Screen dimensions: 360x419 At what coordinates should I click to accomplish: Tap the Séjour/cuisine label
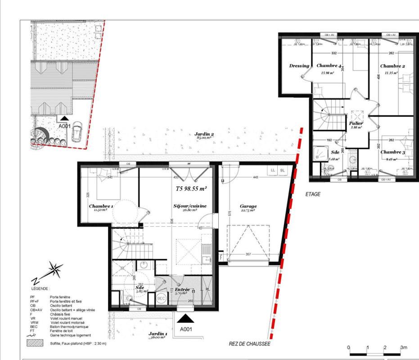tap(190, 206)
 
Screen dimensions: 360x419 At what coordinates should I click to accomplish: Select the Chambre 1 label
tap(101, 206)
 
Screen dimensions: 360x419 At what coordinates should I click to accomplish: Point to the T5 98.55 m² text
tap(191, 189)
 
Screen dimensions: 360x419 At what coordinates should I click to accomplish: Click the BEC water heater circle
tap(161, 298)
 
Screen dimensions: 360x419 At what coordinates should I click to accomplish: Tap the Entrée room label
tap(176, 289)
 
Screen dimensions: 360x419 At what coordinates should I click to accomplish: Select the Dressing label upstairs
tap(299, 66)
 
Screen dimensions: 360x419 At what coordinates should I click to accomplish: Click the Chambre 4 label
tap(329, 66)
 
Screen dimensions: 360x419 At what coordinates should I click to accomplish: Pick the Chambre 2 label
tap(392, 66)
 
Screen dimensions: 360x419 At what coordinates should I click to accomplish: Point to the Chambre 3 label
tap(393, 152)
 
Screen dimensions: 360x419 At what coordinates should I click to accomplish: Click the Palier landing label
tap(356, 123)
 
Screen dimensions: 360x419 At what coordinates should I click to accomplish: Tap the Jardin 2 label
tap(204, 135)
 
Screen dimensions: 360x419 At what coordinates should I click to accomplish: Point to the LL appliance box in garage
tap(273, 171)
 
